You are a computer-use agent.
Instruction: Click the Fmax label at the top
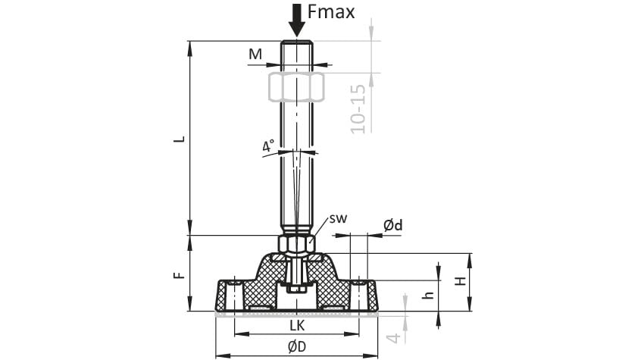pyautogui.click(x=330, y=12)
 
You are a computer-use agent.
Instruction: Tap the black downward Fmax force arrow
pyautogui.click(x=296, y=20)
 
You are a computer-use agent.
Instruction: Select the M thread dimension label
pyautogui.click(x=255, y=54)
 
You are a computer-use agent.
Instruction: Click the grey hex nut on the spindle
pyautogui.click(x=296, y=87)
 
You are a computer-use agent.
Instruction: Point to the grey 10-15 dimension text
pyautogui.click(x=358, y=108)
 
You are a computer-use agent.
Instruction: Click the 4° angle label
pyautogui.click(x=269, y=146)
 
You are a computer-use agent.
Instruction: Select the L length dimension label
pyautogui.click(x=180, y=139)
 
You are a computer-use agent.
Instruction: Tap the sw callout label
pyautogui.click(x=339, y=218)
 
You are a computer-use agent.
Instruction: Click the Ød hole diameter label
pyautogui.click(x=393, y=225)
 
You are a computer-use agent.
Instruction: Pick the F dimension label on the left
pyautogui.click(x=180, y=275)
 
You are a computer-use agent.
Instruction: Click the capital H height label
pyautogui.click(x=461, y=281)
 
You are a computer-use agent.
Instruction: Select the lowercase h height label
pyautogui.click(x=428, y=295)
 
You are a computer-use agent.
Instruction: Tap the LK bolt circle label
pyautogui.click(x=297, y=325)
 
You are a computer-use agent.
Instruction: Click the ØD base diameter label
pyautogui.click(x=297, y=347)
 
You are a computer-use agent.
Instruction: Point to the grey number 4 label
pyautogui.click(x=394, y=338)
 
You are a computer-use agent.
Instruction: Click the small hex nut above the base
pyautogui.click(x=296, y=244)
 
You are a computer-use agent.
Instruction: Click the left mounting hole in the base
pyautogui.click(x=235, y=295)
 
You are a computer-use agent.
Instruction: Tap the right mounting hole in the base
pyautogui.click(x=358, y=295)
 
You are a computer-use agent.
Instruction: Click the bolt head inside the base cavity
pyautogui.click(x=296, y=289)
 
